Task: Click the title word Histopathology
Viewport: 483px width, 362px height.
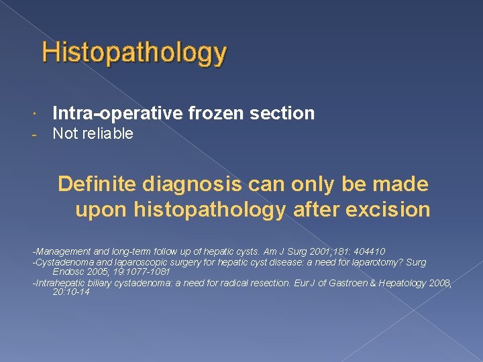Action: tap(134, 53)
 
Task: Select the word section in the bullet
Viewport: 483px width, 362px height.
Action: tap(282, 113)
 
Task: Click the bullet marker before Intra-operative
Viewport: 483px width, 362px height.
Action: tap(35, 114)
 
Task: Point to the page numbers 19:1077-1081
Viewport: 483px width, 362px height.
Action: tap(138, 271)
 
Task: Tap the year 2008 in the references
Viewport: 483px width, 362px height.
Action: tap(438, 284)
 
